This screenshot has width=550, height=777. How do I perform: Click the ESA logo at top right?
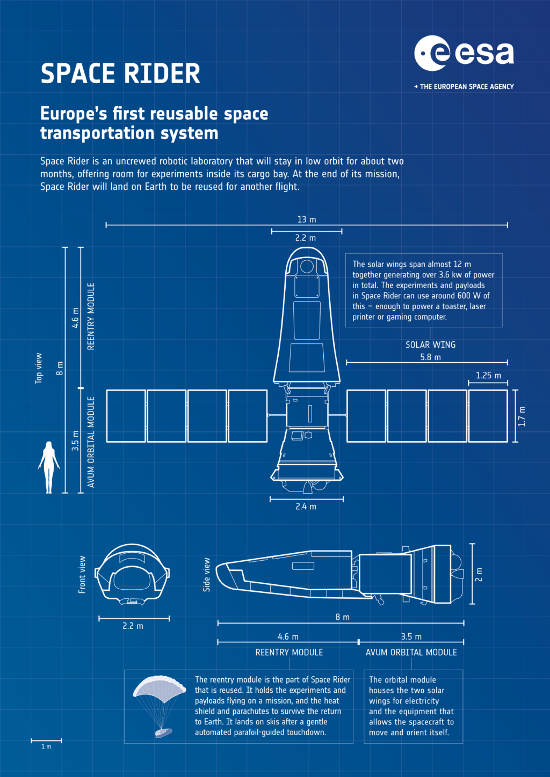pyautogui.click(x=464, y=63)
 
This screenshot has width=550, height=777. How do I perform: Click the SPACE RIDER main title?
pyautogui.click(x=120, y=74)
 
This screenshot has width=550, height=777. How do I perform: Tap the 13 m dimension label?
pyautogui.click(x=307, y=219)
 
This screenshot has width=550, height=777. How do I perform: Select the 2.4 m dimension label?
pyautogui.click(x=306, y=507)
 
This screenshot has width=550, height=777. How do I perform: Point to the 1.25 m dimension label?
pyautogui.click(x=488, y=375)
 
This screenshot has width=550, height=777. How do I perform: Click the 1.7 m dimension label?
pyautogui.click(x=522, y=416)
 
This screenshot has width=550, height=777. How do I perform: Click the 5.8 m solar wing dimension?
pyautogui.click(x=431, y=357)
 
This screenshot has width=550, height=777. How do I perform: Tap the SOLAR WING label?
pyautogui.click(x=431, y=345)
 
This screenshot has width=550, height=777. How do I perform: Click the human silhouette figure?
pyautogui.click(x=49, y=467)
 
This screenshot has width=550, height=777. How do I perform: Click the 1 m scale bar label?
pyautogui.click(x=46, y=746)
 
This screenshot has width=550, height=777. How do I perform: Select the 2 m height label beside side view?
pyautogui.click(x=479, y=574)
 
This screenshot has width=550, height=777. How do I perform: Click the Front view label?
pyautogui.click(x=82, y=575)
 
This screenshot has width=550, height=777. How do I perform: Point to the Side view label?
pyautogui.click(x=207, y=575)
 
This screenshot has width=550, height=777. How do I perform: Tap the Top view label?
pyautogui.click(x=38, y=369)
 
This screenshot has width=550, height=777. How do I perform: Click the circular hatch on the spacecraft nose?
pyautogui.click(x=307, y=266)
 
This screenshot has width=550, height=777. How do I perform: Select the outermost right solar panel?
pyautogui.click(x=488, y=416)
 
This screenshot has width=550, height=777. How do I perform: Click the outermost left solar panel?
pyautogui.click(x=126, y=416)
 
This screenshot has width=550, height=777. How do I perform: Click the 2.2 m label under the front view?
pyautogui.click(x=133, y=626)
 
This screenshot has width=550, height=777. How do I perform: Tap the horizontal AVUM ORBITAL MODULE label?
pyautogui.click(x=411, y=653)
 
